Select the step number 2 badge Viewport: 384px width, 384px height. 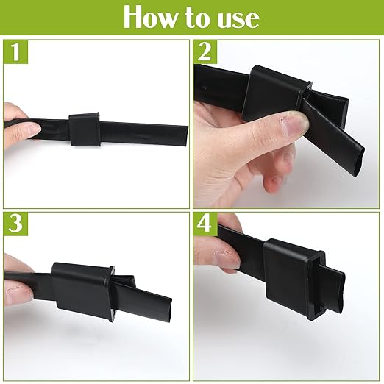[207, 52]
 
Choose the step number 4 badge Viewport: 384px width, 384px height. [207, 225]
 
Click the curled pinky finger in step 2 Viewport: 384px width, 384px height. [272, 182]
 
